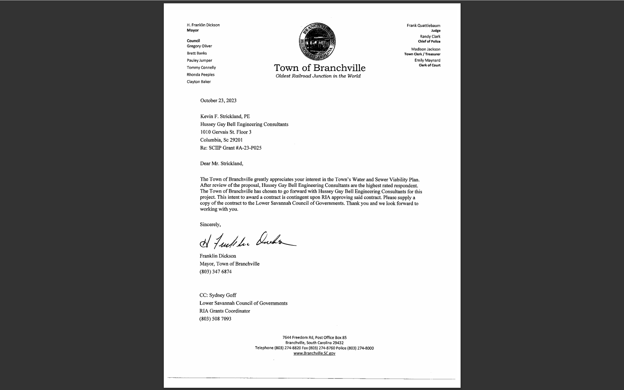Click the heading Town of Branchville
point(319,68)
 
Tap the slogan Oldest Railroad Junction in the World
point(318,76)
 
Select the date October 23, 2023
point(218,101)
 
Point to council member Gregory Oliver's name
point(199,46)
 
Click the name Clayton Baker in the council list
point(199,82)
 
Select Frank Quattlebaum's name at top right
point(423,26)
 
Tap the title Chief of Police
point(429,42)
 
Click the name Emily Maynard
point(428,60)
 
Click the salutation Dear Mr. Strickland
point(221,163)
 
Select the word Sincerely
point(210,224)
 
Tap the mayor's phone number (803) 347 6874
point(215,272)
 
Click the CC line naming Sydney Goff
point(218,295)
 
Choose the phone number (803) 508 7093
point(215,319)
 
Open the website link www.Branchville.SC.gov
point(314,353)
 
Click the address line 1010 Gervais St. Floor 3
point(226,132)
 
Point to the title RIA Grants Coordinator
point(225,311)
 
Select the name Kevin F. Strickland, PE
point(225,116)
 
